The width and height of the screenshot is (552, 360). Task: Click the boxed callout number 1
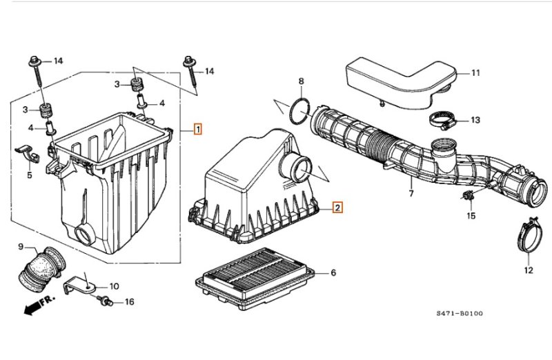(198, 129)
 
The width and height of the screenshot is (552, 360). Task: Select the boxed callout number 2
(337, 208)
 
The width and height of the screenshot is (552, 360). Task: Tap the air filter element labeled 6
(255, 279)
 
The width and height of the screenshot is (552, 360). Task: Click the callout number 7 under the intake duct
(411, 193)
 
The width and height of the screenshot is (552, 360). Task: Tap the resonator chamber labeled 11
(402, 84)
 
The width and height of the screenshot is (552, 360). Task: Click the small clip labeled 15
(468, 195)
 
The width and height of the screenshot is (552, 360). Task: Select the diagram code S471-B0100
(460, 313)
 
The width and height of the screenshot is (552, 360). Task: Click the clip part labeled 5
(28, 153)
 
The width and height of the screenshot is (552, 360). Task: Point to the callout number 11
(475, 73)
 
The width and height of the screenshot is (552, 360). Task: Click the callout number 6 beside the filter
(333, 272)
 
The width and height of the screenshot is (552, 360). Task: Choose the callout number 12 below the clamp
(529, 270)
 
